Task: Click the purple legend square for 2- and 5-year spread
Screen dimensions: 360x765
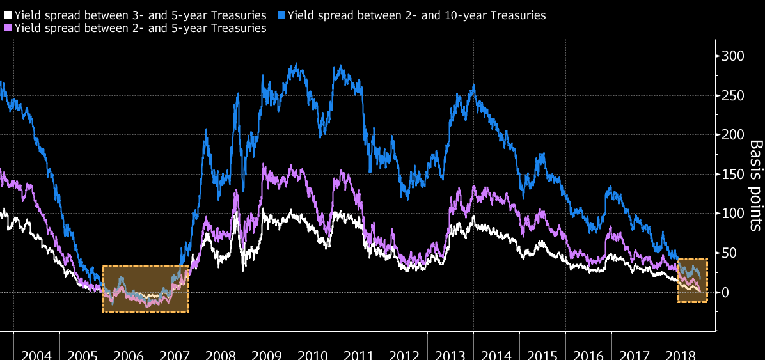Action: pos(8,28)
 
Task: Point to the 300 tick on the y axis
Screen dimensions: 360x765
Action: pos(733,56)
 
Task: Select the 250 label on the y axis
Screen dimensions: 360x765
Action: pos(733,96)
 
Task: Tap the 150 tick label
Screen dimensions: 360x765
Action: pos(733,175)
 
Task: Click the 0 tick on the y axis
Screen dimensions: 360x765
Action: pos(725,293)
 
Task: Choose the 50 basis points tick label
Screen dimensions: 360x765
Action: pos(730,253)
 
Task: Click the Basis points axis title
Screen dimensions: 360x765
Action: pos(755,185)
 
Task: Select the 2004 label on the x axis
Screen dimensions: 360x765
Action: pos(37,354)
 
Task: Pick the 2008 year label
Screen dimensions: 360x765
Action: pos(221,354)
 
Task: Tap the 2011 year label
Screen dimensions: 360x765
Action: pos(359,354)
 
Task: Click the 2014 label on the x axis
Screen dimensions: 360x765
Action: pos(497,354)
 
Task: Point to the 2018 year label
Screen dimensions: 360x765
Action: pos(681,354)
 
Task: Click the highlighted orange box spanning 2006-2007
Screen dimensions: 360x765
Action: pos(145,288)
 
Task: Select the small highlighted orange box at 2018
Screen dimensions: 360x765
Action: pos(692,281)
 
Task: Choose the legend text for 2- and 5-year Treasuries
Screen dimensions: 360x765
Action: pos(140,28)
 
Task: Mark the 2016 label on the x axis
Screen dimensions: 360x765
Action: pos(588,354)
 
